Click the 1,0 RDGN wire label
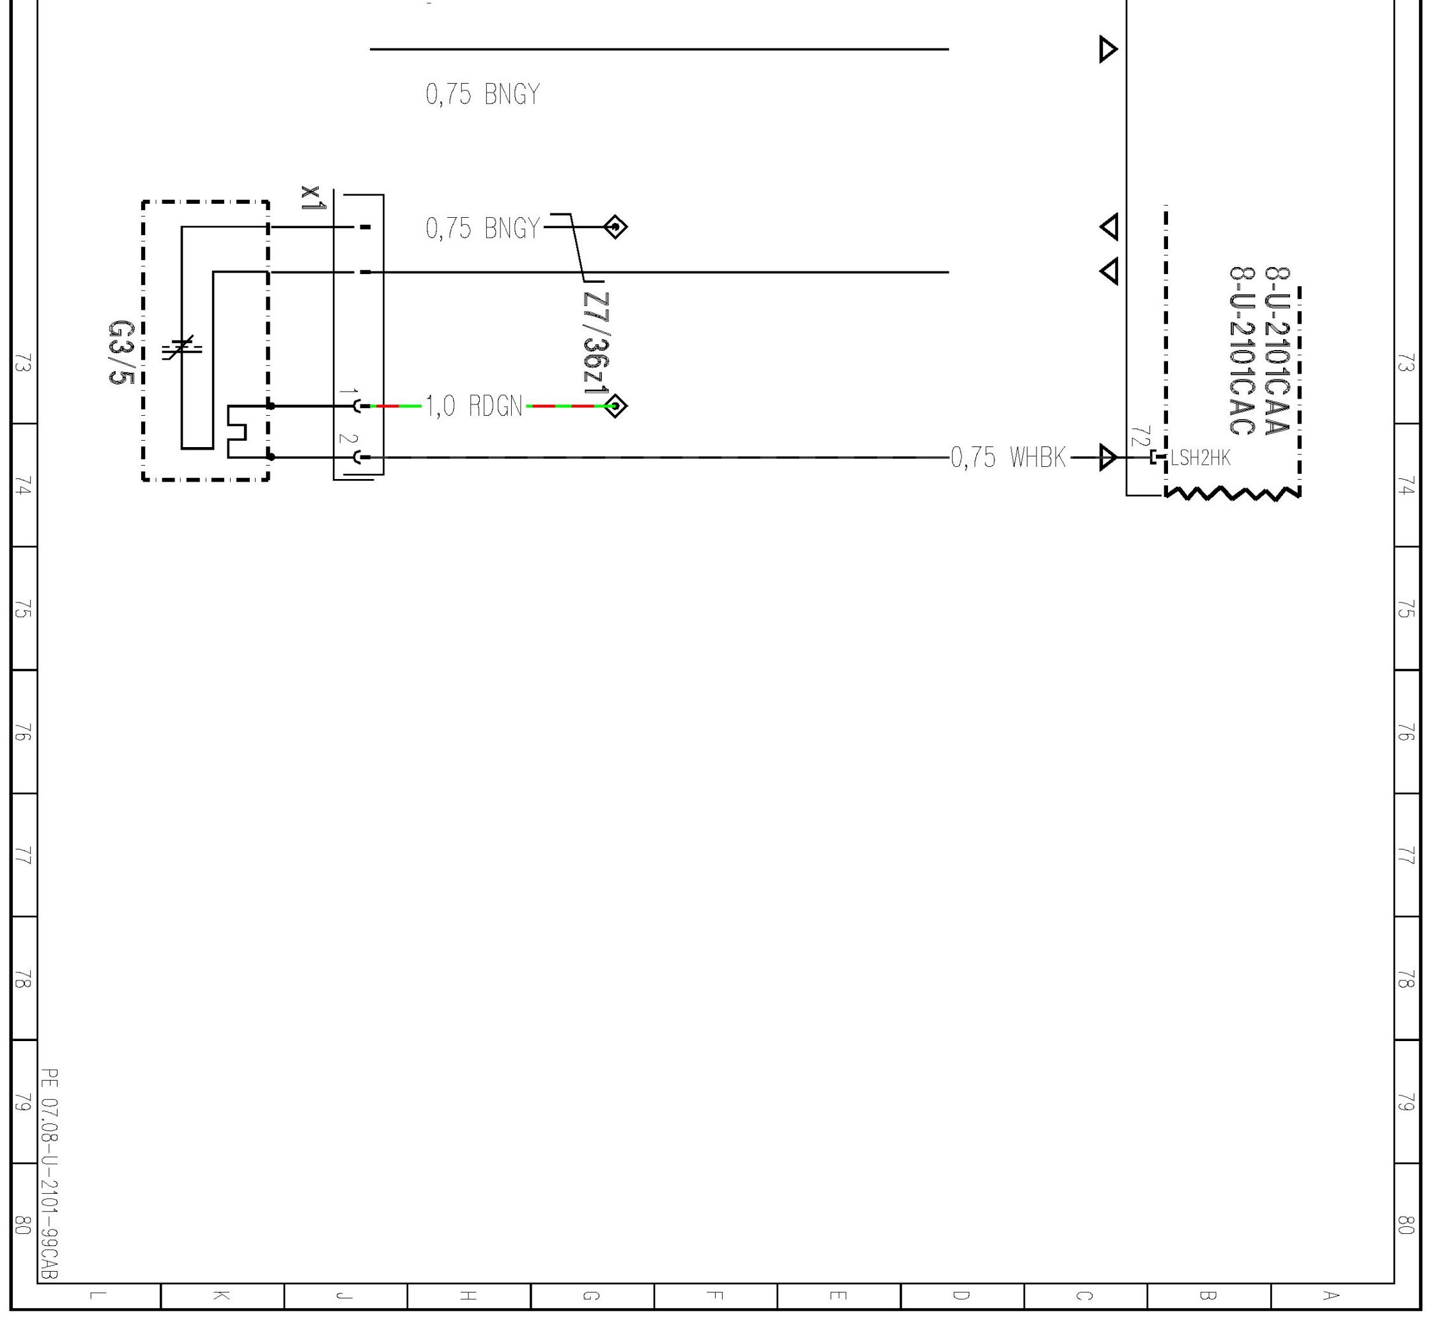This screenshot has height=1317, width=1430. [474, 406]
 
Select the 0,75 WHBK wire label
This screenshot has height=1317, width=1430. [1009, 457]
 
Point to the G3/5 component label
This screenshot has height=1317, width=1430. [121, 352]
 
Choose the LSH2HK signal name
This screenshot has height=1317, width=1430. [1201, 457]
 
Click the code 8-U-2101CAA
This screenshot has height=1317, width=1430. [1277, 350]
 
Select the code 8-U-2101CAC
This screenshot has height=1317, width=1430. [1242, 351]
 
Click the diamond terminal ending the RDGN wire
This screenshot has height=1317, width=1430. [616, 406]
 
